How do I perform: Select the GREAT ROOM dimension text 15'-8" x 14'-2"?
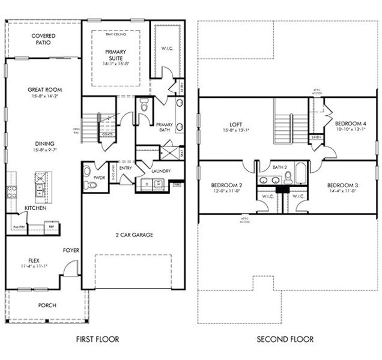tap(44, 96)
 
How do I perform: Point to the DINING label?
tap(44, 143)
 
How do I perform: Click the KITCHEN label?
tap(35, 208)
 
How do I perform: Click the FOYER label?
tap(71, 250)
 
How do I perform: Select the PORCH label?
tap(47, 305)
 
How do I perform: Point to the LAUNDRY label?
tap(160, 171)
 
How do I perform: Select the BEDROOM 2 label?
tap(226, 185)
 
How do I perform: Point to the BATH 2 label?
tap(279, 167)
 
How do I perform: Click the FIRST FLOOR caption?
tap(97, 340)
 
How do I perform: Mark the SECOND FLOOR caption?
tap(285, 340)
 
